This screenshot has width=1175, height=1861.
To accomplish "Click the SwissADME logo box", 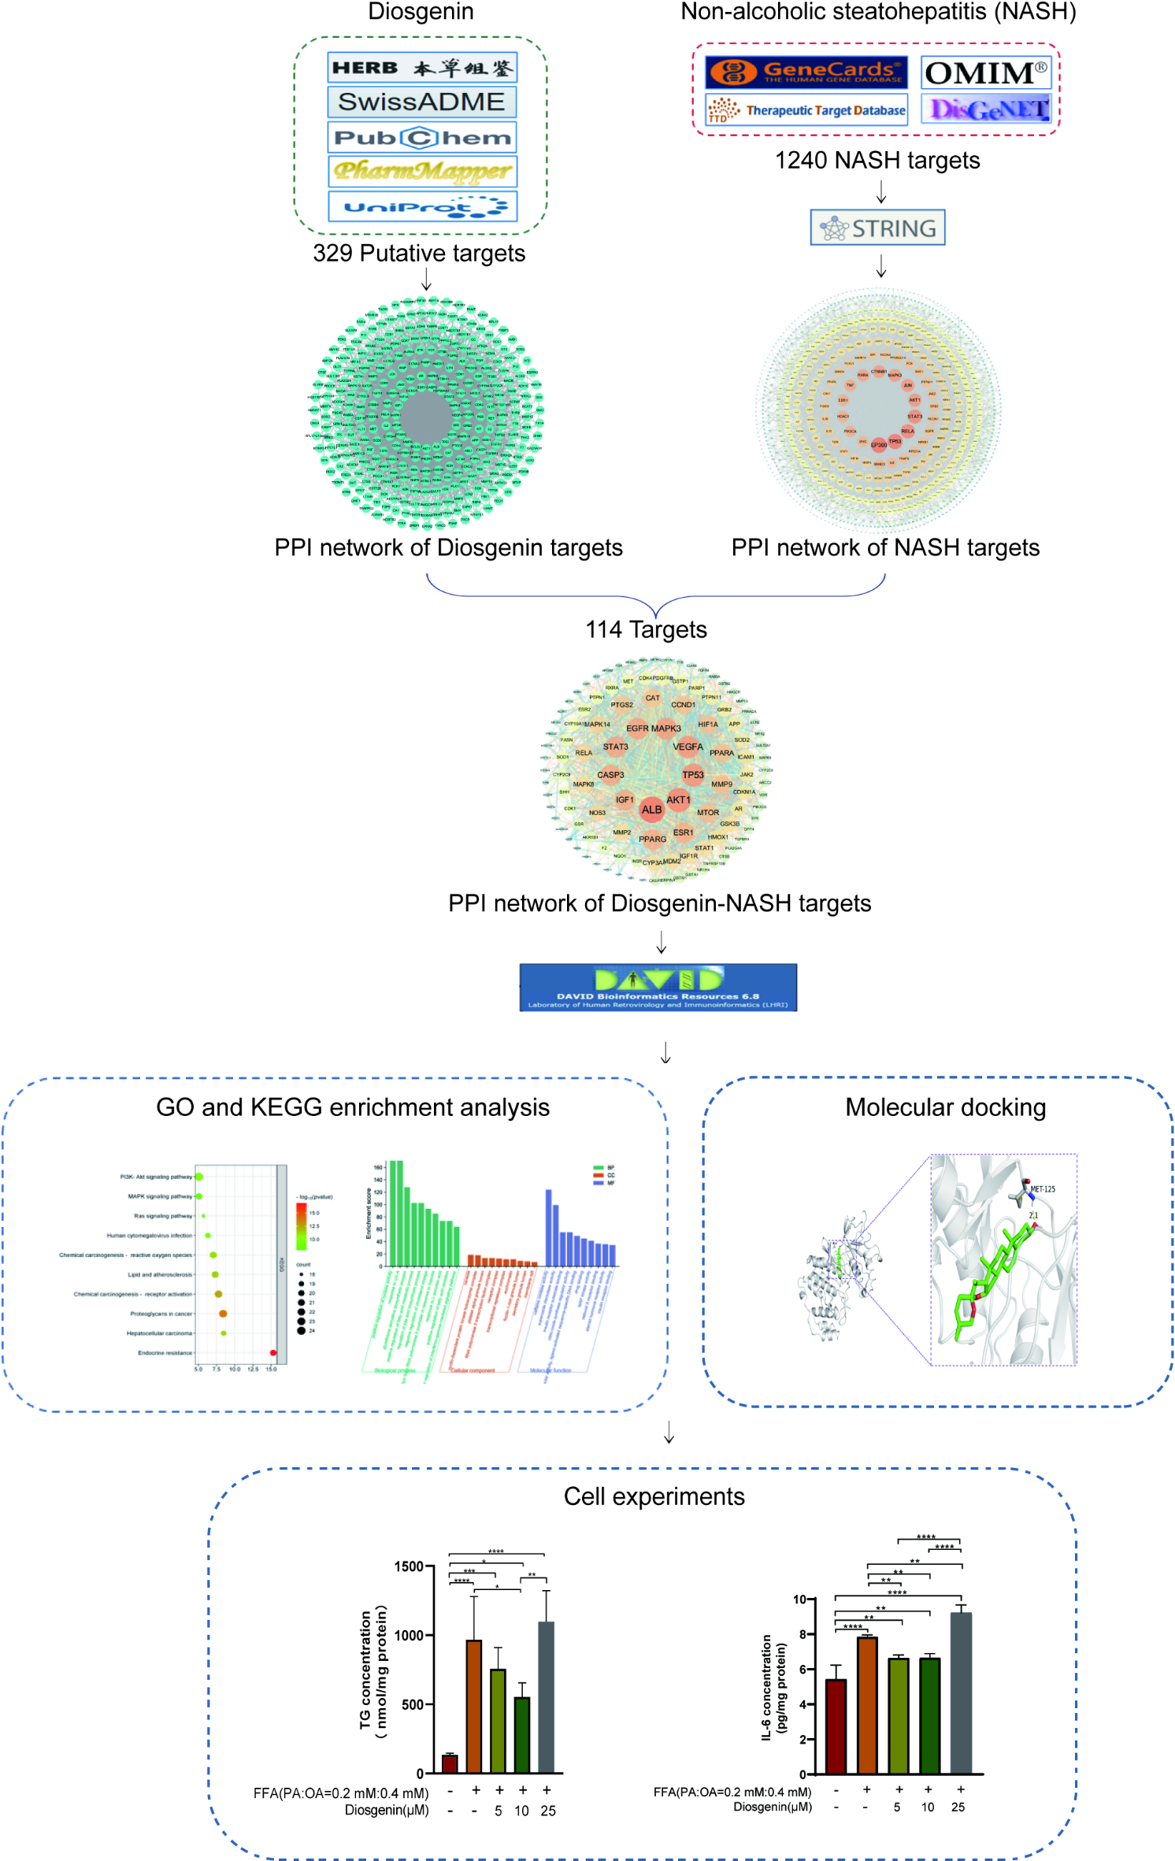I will point(421,102).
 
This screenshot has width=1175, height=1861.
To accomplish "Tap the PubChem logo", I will point(421,137).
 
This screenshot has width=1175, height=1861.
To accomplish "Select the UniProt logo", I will point(421,206).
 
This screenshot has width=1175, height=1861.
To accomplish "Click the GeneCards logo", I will point(806,72).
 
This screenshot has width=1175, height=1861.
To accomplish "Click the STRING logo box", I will point(877,228).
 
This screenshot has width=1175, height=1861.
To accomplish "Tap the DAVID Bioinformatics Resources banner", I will point(658,987).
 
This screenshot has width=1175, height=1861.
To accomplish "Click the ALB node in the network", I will point(651,810).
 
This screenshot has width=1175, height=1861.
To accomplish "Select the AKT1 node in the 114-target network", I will point(678,799).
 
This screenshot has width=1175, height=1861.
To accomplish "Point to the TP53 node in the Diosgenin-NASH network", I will point(693,775).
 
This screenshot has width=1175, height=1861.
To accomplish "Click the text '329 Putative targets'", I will point(419,254).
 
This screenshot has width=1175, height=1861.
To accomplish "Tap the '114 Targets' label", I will point(646,630).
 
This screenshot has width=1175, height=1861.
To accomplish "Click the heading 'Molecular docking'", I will point(945,1107).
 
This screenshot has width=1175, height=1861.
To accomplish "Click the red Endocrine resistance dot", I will point(273,1353).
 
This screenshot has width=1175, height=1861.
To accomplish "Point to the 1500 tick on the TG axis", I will point(410,1566).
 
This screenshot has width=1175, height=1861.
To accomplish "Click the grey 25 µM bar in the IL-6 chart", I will point(961,1693).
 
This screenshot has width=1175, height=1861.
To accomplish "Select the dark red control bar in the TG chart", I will point(450,1763).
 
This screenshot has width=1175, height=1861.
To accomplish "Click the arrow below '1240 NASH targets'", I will point(881,192).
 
